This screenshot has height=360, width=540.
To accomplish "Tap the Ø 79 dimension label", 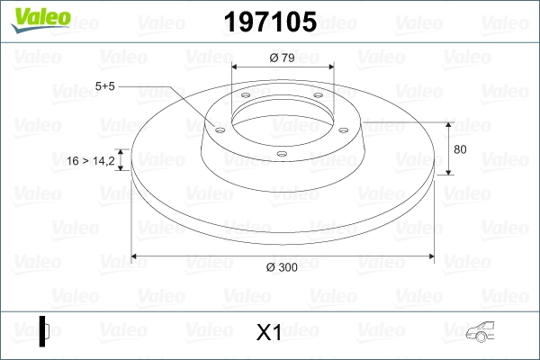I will [x=283, y=59].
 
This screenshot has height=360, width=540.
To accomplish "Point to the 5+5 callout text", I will [x=105, y=86].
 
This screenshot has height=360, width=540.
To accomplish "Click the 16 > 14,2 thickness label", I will [x=91, y=161].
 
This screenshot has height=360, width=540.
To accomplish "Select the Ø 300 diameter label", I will [x=283, y=267].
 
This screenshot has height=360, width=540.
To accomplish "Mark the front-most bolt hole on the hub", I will [x=282, y=154].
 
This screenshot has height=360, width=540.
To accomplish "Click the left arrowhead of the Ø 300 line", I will [x=136, y=256].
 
